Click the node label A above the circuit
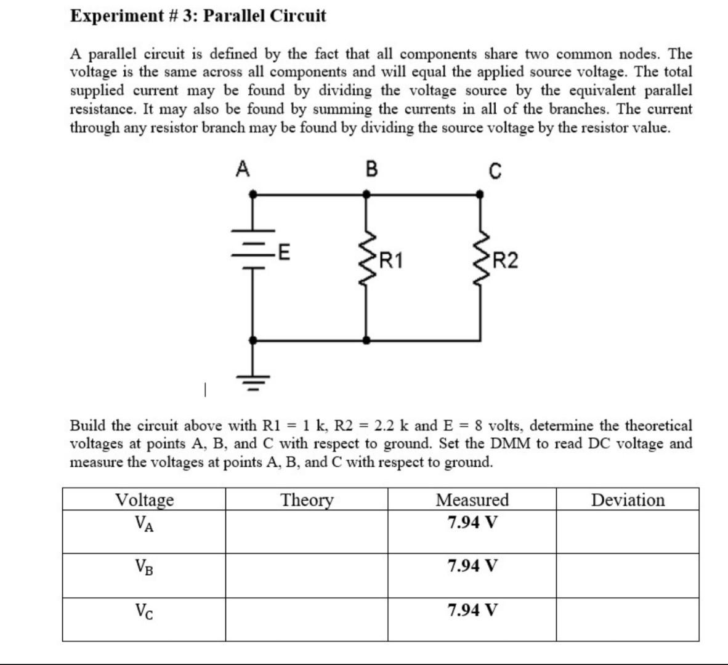243,169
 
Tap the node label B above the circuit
371,169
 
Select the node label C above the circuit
495,170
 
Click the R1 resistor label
391,261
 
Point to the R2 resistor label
506,261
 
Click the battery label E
285,252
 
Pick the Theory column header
307,499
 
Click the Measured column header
472,499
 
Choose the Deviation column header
628,499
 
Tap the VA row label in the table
144,523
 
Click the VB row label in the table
144,566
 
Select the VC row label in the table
144,611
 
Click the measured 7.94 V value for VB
472,565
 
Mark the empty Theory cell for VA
307,531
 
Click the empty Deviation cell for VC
628,619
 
